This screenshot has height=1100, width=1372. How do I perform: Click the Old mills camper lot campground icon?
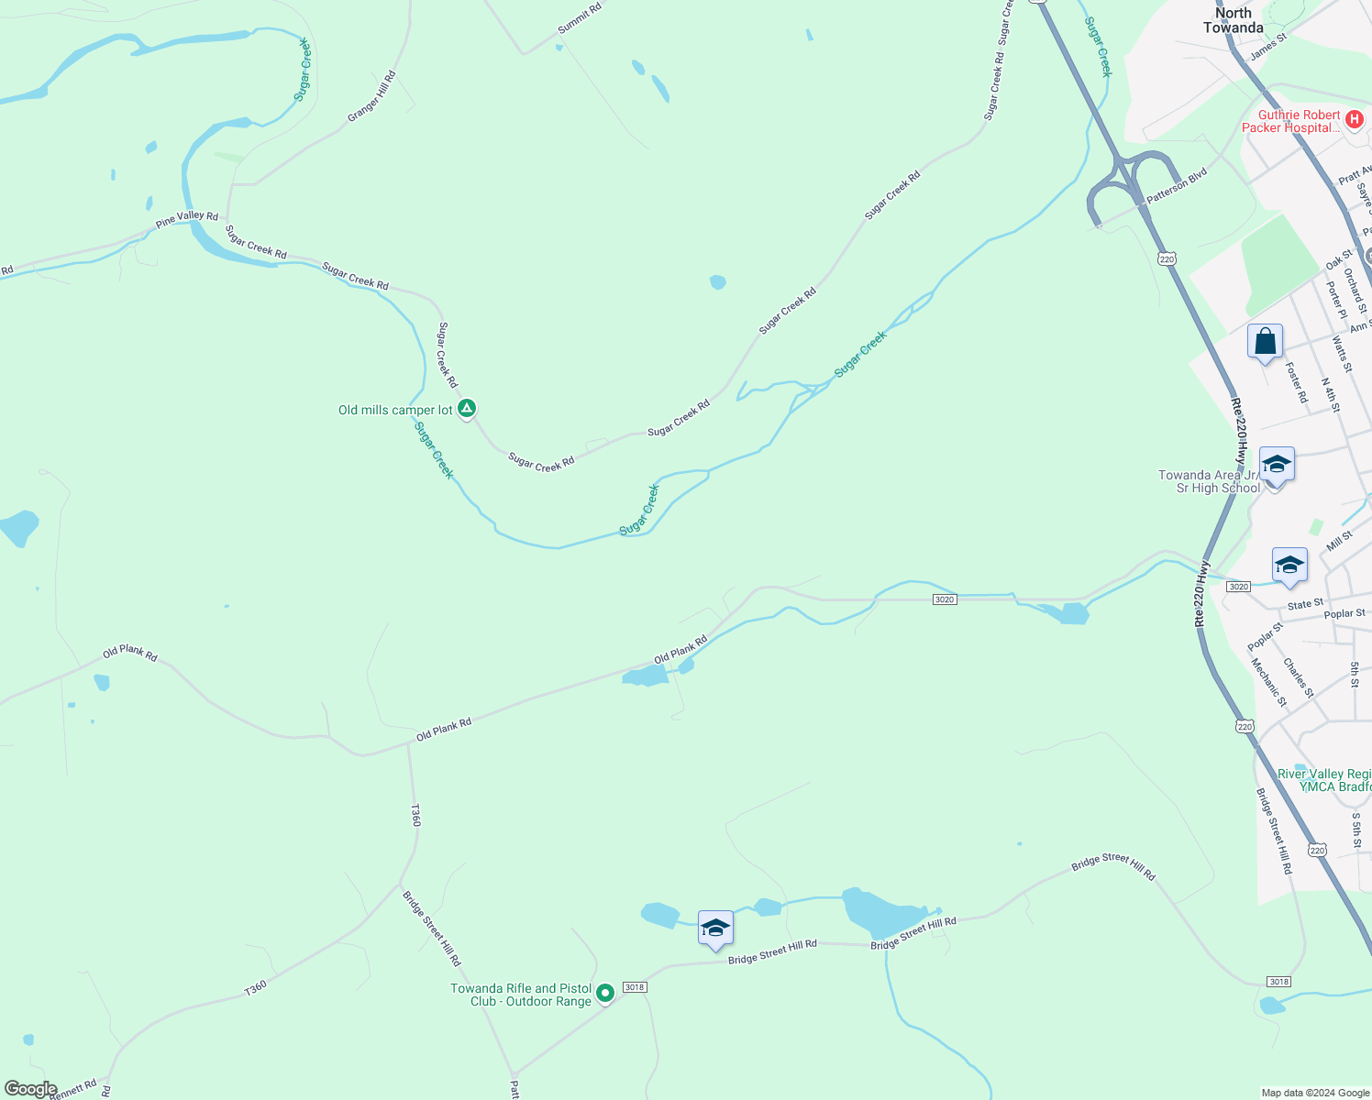click(x=467, y=408)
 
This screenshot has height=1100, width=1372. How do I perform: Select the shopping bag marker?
click(x=1265, y=343)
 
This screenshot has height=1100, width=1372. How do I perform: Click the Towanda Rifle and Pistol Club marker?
click(x=604, y=993)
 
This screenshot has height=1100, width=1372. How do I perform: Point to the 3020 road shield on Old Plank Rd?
click(x=945, y=599)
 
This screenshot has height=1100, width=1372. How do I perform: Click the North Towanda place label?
click(x=1234, y=20)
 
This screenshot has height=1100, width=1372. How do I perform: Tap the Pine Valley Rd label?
click(x=187, y=219)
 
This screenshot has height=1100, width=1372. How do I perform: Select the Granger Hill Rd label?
click(x=372, y=96)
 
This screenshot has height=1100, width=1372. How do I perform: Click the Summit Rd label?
click(x=580, y=19)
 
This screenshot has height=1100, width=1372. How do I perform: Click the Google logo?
click(x=30, y=1089)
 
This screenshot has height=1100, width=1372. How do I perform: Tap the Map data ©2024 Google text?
click(x=1315, y=1093)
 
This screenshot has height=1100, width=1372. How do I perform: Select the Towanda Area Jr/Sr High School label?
click(x=1210, y=481)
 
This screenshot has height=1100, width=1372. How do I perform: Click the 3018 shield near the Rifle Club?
click(x=635, y=987)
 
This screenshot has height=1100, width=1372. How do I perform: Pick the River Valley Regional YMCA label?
click(x=1324, y=780)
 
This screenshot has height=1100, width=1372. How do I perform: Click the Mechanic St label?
click(x=1269, y=683)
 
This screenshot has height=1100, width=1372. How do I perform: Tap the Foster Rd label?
click(x=1296, y=383)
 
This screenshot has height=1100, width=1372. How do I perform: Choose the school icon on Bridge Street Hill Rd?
click(x=715, y=929)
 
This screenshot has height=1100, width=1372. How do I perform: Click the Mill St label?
click(x=1339, y=541)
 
